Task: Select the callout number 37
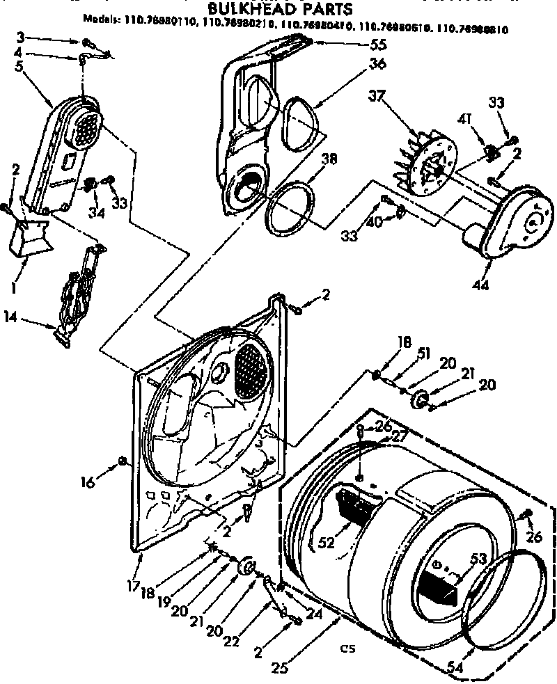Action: coord(377,96)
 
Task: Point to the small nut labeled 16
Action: coord(123,460)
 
